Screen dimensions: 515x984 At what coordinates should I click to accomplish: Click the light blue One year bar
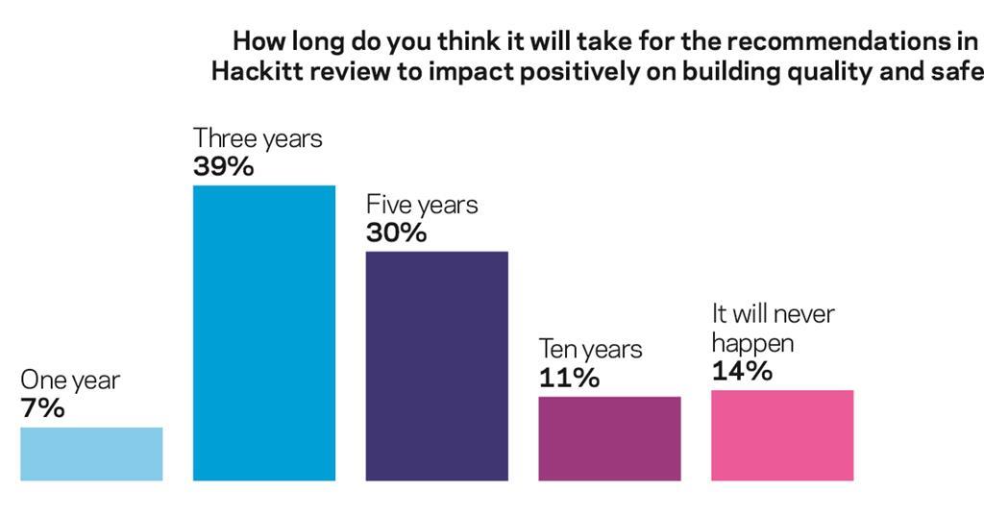click(91, 454)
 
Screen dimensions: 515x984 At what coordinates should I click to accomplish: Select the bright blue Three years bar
click(264, 332)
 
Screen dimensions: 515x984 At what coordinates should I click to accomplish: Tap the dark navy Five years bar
click(436, 365)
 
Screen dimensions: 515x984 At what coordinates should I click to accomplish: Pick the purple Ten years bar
click(609, 437)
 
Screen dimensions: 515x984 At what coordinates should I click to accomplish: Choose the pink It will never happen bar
click(782, 434)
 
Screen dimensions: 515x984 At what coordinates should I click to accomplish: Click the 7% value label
click(42, 408)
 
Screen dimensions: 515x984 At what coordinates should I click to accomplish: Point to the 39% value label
click(223, 166)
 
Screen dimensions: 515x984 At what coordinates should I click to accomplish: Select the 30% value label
click(396, 233)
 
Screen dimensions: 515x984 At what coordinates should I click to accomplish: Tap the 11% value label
click(569, 378)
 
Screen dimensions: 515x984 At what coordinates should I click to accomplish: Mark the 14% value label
click(742, 371)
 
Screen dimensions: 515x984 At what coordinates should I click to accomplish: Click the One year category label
click(70, 380)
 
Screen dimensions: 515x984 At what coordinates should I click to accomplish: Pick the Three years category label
click(258, 138)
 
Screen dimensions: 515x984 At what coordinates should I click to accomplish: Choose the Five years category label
click(422, 205)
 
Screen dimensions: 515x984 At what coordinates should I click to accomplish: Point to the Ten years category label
click(590, 349)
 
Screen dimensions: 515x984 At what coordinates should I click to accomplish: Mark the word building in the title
click(731, 74)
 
